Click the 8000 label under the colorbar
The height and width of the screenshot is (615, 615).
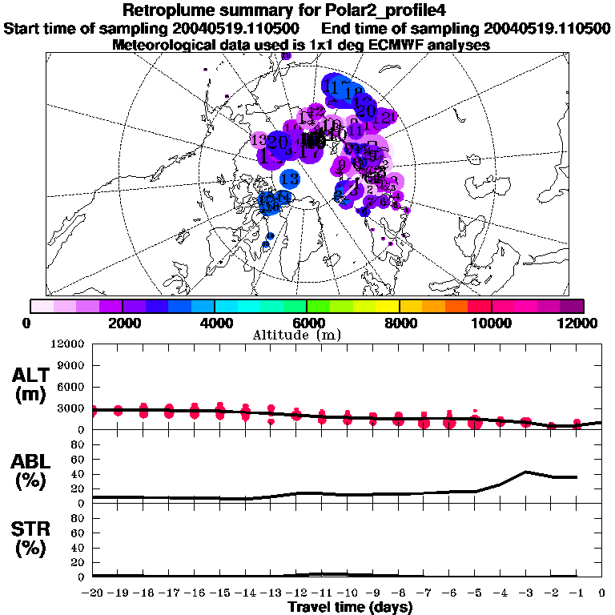coord(399,323)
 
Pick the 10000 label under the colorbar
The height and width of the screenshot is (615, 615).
coord(491,323)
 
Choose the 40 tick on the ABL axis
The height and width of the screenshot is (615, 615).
coord(78,474)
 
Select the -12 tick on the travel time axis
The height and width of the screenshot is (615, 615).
coord(295,593)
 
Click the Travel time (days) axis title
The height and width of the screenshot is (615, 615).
coord(350,608)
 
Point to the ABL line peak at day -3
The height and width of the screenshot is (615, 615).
coord(526,472)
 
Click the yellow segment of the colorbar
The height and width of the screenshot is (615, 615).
coord(388,306)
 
